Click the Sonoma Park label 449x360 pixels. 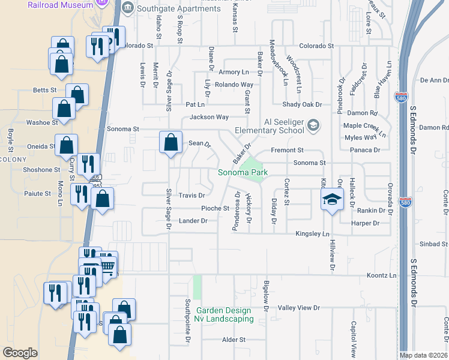click(x=242, y=173)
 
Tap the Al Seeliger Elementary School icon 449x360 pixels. click(x=312, y=125)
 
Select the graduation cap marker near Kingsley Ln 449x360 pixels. click(x=330, y=200)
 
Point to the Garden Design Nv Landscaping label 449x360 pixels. click(x=224, y=314)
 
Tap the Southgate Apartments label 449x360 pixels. click(x=170, y=8)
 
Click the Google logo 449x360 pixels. click(x=20, y=352)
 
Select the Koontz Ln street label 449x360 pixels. click(x=382, y=275)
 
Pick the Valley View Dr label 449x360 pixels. click(x=300, y=307)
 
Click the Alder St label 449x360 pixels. click(x=234, y=339)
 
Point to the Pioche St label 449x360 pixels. click(x=215, y=208)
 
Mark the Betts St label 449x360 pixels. click(x=45, y=91)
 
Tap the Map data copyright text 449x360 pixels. click(x=423, y=355)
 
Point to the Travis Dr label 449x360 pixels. click(x=192, y=196)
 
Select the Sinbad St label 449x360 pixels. click(x=433, y=244)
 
